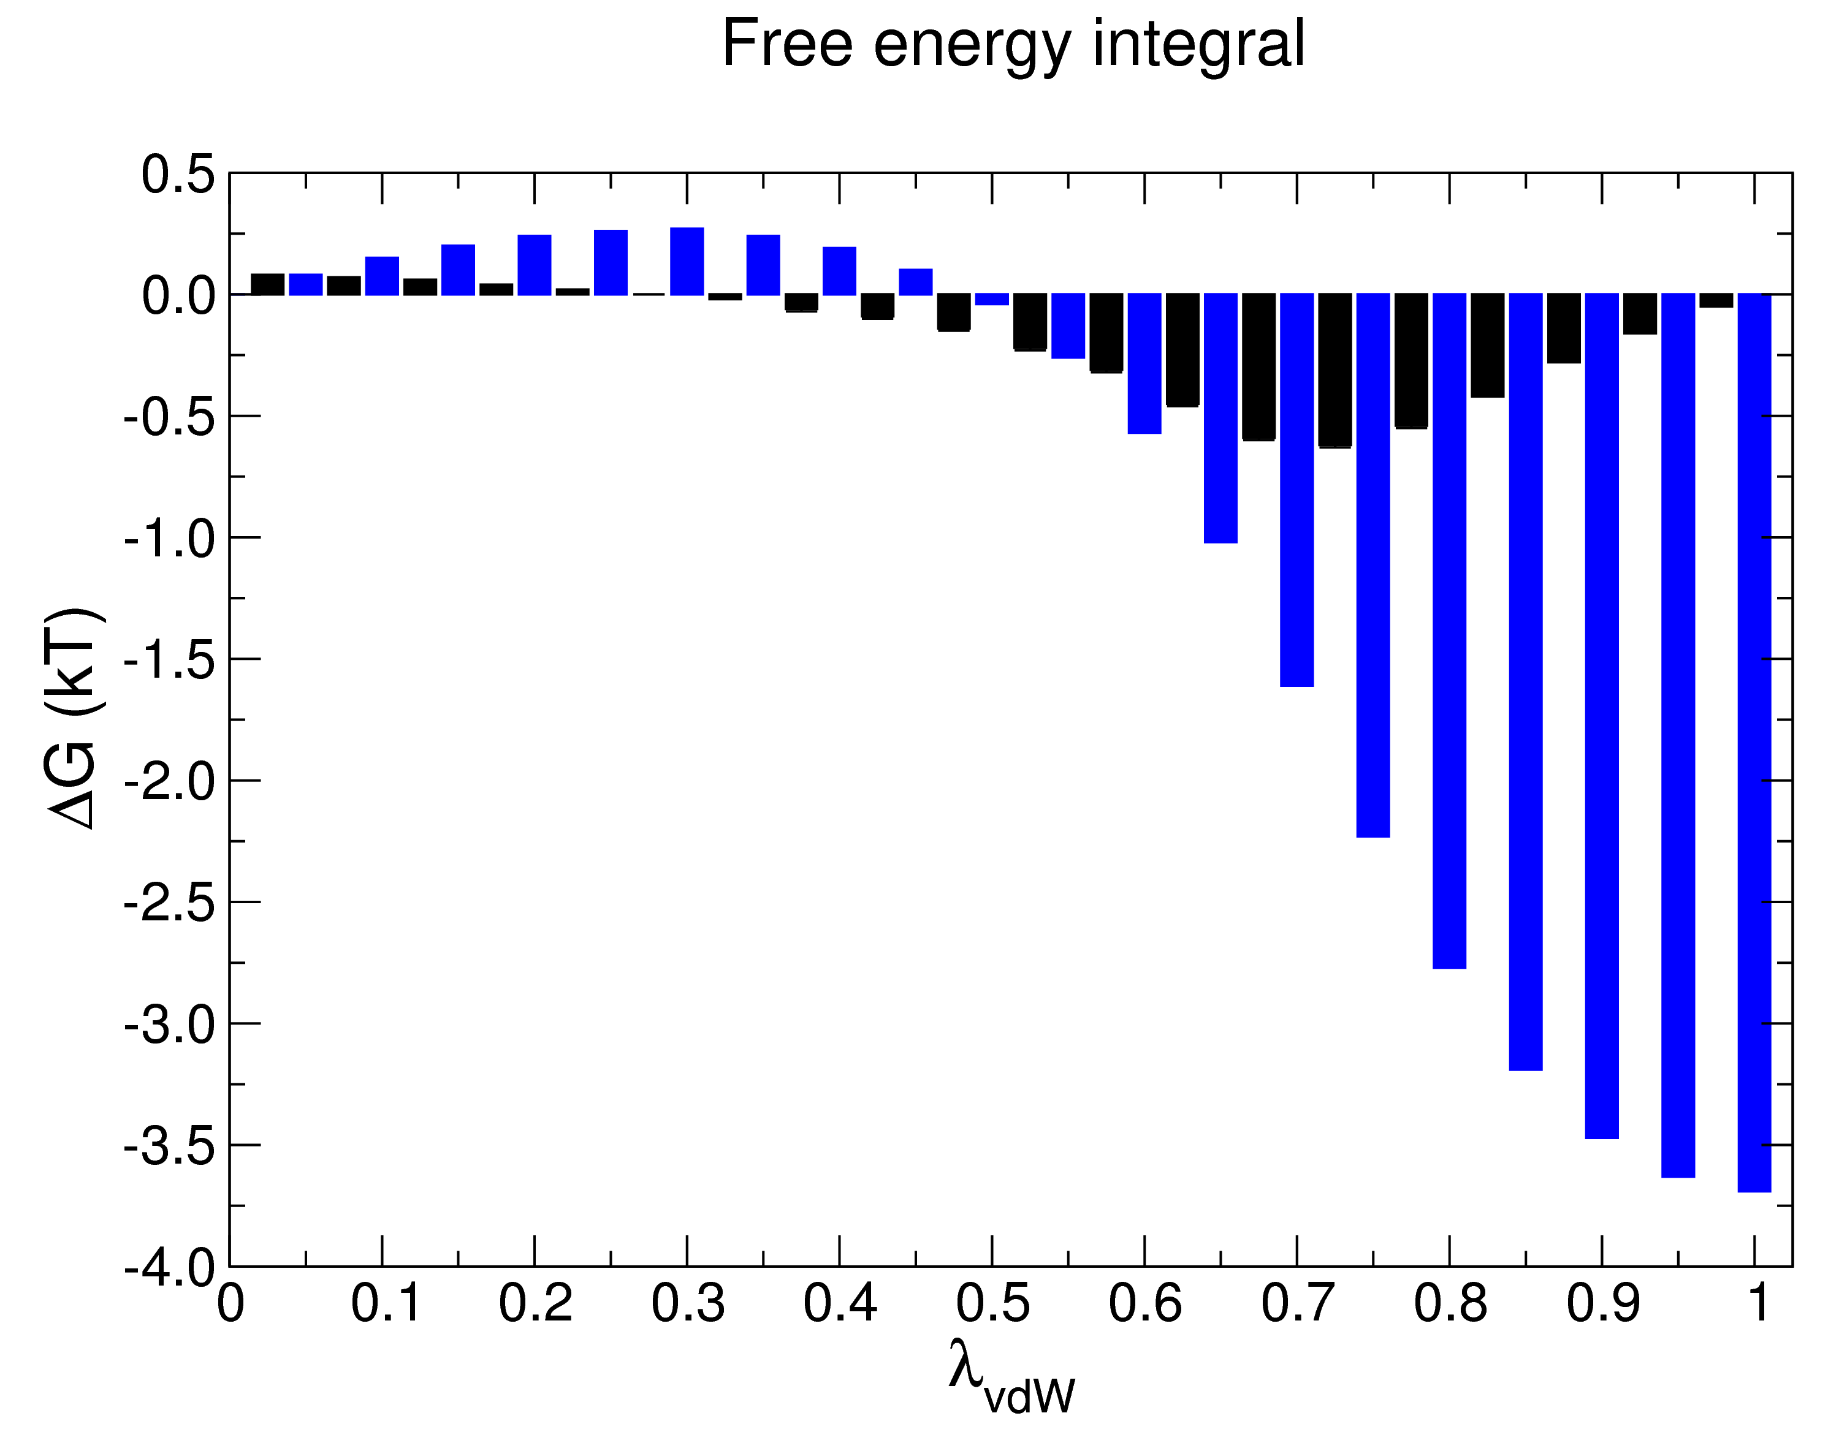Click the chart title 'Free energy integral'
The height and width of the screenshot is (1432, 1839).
(1013, 44)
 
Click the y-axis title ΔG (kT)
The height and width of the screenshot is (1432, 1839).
(74, 718)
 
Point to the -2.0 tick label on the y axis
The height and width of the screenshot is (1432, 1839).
(169, 782)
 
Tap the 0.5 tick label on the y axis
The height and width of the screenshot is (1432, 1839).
(178, 175)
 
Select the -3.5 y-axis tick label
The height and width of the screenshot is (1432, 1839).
(169, 1146)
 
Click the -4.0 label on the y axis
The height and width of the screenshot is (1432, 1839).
(169, 1268)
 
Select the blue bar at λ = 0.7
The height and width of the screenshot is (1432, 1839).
(1296, 488)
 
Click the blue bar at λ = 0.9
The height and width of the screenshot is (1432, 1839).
(1602, 716)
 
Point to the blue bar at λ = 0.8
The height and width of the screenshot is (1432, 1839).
(1449, 631)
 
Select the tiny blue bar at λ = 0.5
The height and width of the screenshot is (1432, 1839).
(992, 300)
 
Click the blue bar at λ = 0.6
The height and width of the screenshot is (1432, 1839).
(1144, 364)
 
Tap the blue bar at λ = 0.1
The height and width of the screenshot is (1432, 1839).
(383, 276)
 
